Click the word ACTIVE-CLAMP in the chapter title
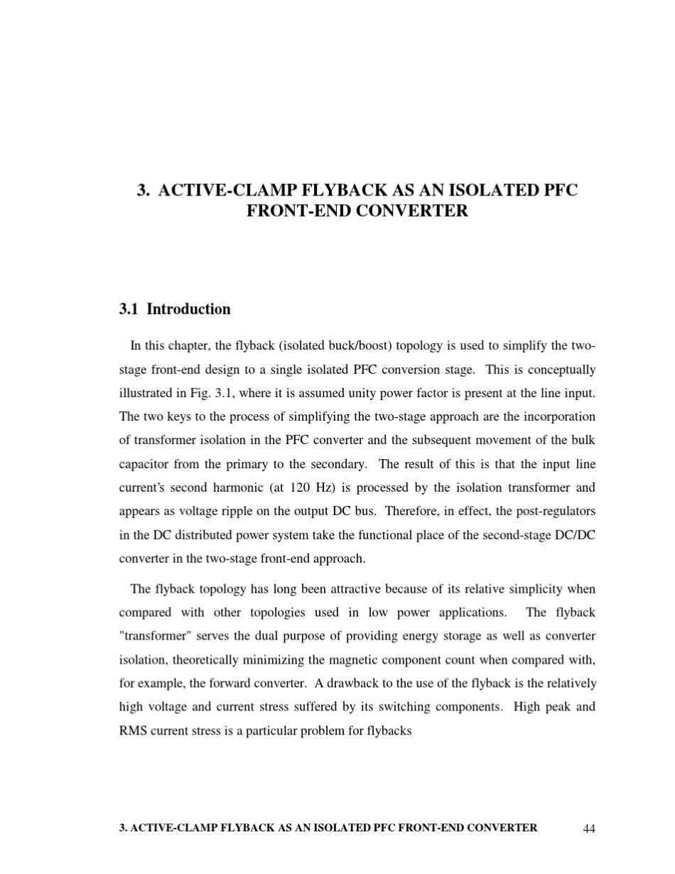pyautogui.click(x=229, y=190)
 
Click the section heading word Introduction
pyautogui.click(x=188, y=309)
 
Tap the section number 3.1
pyautogui.click(x=129, y=309)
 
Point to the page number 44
pyautogui.click(x=588, y=829)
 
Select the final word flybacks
pyautogui.click(x=388, y=730)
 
